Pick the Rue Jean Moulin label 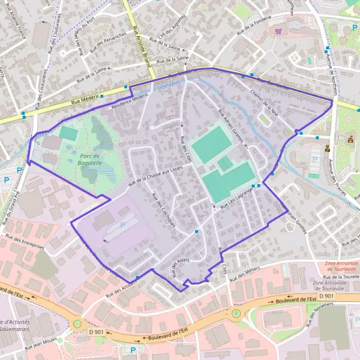[41, 346]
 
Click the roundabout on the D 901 [77, 325]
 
